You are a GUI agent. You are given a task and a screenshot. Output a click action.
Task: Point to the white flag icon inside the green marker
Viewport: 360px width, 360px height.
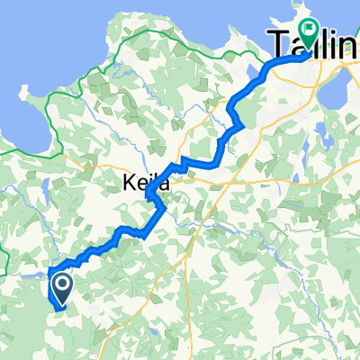point(311,31)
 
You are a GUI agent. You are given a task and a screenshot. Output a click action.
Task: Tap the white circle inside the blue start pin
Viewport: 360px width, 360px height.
point(63,285)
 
